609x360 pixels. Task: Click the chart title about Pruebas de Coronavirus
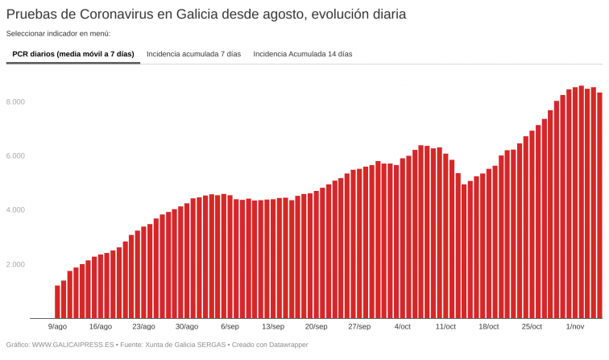(206, 14)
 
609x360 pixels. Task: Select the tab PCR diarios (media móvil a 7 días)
(73, 54)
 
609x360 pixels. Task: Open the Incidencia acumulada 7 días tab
(193, 54)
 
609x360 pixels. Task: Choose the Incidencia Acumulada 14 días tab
(303, 54)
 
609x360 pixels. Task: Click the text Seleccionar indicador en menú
(58, 34)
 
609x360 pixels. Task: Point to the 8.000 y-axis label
(16, 102)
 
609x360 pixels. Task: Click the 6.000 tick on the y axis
(16, 156)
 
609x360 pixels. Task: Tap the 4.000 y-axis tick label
(16, 210)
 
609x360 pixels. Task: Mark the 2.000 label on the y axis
(16, 264)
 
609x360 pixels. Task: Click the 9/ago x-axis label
(57, 326)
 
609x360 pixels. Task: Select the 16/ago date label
(101, 326)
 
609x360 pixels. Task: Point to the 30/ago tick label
(186, 326)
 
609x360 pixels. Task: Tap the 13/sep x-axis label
(272, 326)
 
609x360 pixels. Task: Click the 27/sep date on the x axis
(359, 326)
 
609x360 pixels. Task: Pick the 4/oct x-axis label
(403, 326)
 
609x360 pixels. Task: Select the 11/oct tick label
(445, 326)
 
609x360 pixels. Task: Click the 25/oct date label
(532, 326)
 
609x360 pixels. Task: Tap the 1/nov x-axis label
(575, 326)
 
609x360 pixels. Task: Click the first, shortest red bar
(57, 302)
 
